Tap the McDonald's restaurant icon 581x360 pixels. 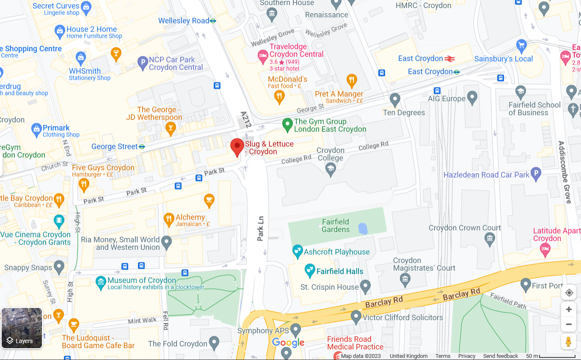pyautogui.click(x=279, y=97)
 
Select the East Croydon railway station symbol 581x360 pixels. pyautogui.click(x=449, y=59)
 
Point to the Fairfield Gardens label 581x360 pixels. pyautogui.click(x=336, y=225)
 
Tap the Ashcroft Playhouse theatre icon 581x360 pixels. pyautogui.click(x=298, y=252)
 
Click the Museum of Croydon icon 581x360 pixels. pyautogui.click(x=101, y=282)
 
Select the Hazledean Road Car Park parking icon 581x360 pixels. pyautogui.click(x=536, y=174)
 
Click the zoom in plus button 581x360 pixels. pyautogui.click(x=569, y=309)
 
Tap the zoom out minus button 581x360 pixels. pyautogui.click(x=569, y=324)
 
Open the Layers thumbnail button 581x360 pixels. pyautogui.click(x=22, y=328)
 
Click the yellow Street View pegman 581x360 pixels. pyautogui.click(x=569, y=341)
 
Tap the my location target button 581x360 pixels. pyautogui.click(x=569, y=293)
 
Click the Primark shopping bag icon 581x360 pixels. pyautogui.click(x=36, y=129)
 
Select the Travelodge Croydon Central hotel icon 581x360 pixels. pyautogui.click(x=263, y=55)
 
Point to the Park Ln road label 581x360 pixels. pyautogui.click(x=261, y=228)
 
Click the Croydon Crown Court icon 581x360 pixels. pyautogui.click(x=490, y=239)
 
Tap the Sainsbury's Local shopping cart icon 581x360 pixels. pyautogui.click(x=521, y=45)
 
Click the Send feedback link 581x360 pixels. pyautogui.click(x=500, y=356)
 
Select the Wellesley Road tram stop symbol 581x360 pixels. pyautogui.click(x=213, y=21)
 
